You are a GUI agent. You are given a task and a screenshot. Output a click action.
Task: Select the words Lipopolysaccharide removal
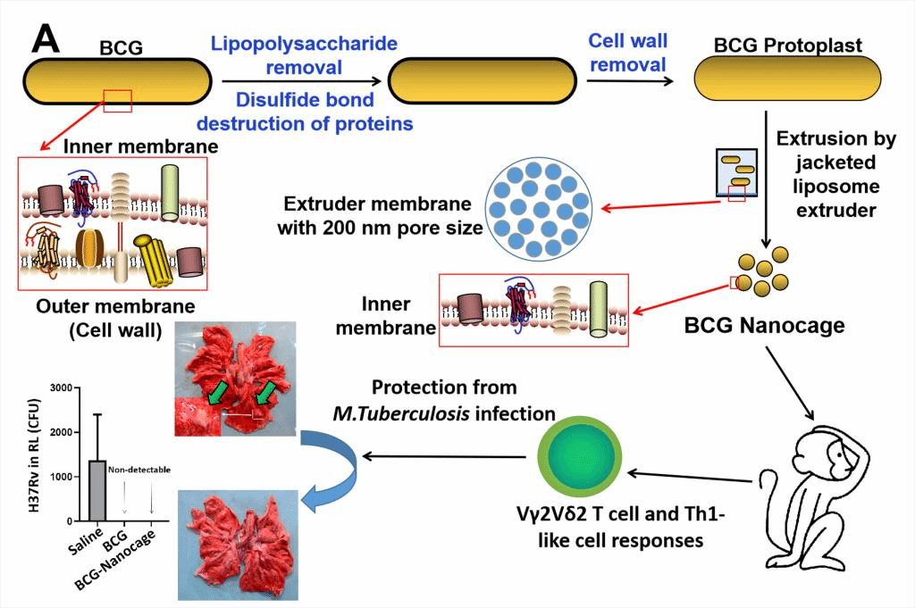(304, 55)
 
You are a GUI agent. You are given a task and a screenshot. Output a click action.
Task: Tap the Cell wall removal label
(627, 53)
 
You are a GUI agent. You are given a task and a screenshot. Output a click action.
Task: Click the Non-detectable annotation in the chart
(139, 469)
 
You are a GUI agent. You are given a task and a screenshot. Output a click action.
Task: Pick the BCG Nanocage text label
(764, 325)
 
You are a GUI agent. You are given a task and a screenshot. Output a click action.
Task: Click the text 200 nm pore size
(381, 228)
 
